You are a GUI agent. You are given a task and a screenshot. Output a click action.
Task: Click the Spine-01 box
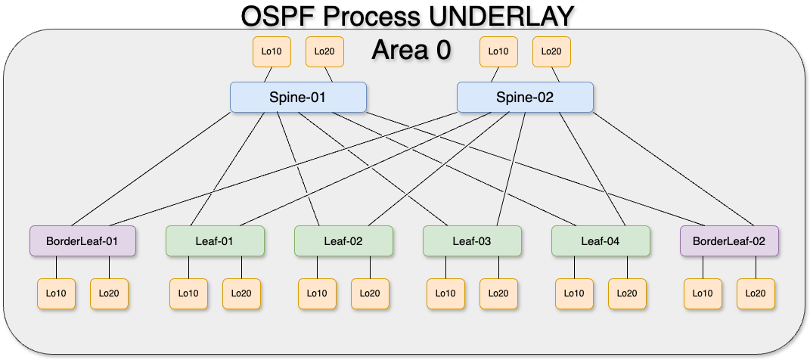(x=298, y=98)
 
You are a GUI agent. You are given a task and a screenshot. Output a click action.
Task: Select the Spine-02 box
(x=525, y=98)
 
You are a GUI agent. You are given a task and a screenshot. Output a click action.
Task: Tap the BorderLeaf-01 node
(x=82, y=241)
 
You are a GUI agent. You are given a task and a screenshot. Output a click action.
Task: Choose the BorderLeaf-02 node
(x=729, y=241)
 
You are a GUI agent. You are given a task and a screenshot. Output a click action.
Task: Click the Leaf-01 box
(x=215, y=241)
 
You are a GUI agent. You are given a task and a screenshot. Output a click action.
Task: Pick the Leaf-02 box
(x=343, y=241)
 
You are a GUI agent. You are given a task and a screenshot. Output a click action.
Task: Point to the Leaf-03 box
(x=472, y=241)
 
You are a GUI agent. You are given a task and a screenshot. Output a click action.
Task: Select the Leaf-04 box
(x=601, y=241)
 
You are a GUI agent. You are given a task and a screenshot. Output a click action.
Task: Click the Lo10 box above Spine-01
(x=272, y=51)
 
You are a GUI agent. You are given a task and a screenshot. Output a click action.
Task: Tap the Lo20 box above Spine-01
(x=324, y=51)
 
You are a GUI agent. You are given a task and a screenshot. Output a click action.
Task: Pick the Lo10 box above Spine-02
(x=498, y=51)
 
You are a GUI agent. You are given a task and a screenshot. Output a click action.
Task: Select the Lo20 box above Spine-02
(x=551, y=51)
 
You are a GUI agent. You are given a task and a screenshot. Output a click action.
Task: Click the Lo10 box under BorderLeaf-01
(x=56, y=293)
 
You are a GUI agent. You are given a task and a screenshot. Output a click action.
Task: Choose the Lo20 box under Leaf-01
(x=241, y=293)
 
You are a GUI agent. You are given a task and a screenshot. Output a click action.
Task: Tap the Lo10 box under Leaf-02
(x=317, y=293)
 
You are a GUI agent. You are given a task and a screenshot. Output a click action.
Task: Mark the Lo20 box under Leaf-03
(x=498, y=293)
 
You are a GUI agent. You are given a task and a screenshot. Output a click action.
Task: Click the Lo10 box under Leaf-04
(x=574, y=293)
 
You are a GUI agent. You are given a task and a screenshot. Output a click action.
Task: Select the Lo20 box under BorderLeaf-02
(x=756, y=293)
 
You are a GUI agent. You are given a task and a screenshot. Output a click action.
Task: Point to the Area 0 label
(x=411, y=49)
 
